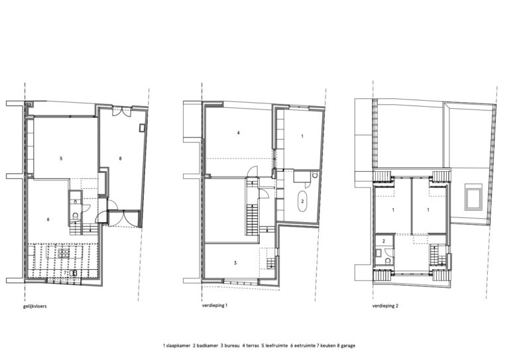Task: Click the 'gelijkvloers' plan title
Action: (34, 306)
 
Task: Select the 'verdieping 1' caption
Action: (214, 306)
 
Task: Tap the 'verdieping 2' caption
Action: (385, 306)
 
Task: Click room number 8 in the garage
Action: (120, 158)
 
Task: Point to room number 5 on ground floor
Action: (61, 158)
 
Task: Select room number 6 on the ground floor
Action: (48, 219)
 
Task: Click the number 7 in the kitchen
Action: (65, 272)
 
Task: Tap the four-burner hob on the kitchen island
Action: (64, 253)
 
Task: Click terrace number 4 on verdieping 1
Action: (239, 133)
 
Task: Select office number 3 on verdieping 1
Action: (235, 263)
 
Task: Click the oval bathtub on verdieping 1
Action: (302, 202)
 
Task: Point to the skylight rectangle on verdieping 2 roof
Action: (473, 197)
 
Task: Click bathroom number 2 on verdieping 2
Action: (384, 241)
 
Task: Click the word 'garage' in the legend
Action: (348, 346)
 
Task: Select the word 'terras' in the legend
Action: (253, 345)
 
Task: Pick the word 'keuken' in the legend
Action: (328, 345)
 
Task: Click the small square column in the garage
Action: (142, 128)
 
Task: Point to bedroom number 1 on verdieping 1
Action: (302, 137)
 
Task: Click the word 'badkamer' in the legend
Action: (207, 345)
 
